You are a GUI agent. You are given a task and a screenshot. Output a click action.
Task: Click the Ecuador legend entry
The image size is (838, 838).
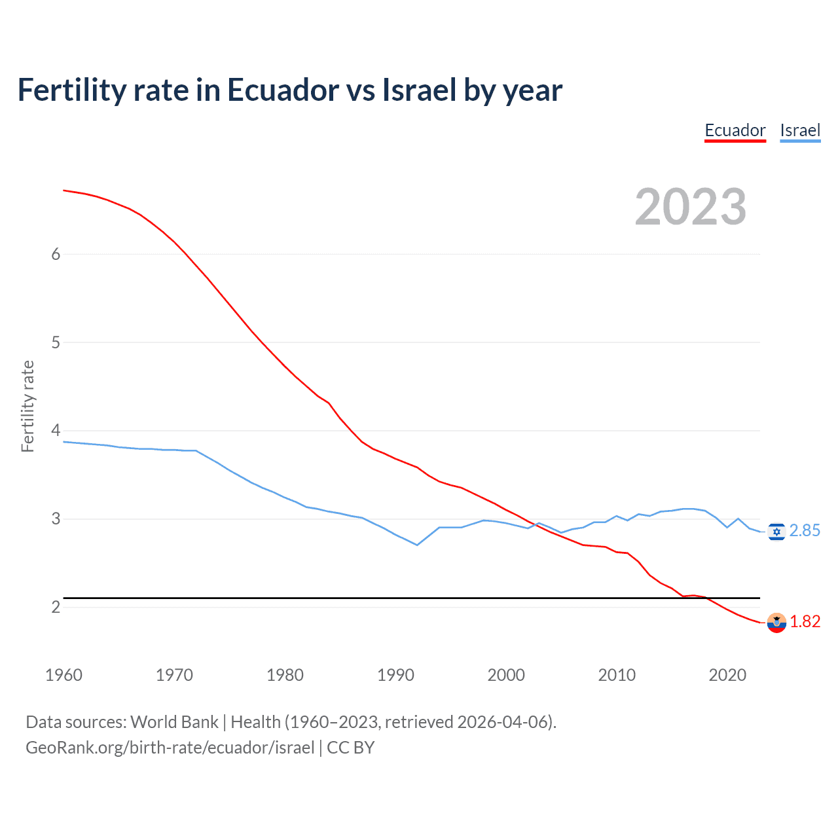(x=735, y=130)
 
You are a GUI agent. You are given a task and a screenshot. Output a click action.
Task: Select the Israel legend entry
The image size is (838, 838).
(x=800, y=130)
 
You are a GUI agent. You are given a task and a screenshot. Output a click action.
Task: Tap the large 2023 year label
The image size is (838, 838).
(x=691, y=207)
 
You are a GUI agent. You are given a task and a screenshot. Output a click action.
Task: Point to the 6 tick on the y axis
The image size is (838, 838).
(x=56, y=254)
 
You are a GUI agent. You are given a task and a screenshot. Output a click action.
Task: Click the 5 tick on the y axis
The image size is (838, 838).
(x=56, y=342)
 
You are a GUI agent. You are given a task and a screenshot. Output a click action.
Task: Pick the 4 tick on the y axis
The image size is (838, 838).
(x=56, y=431)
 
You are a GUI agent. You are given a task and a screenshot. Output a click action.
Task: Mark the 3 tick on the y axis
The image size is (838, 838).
(x=56, y=519)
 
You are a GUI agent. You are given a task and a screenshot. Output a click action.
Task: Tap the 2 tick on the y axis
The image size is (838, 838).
(x=56, y=608)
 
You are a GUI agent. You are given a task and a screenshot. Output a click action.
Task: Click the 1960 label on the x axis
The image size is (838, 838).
(x=64, y=675)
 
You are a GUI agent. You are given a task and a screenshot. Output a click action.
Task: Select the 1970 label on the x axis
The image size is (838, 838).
(x=174, y=675)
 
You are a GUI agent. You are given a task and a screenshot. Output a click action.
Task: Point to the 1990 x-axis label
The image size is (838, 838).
(x=395, y=675)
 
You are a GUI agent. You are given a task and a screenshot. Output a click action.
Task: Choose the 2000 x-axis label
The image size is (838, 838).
(x=506, y=675)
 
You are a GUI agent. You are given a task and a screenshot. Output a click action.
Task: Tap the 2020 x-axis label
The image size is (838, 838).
(x=727, y=675)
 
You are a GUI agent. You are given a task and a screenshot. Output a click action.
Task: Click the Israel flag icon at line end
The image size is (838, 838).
(x=776, y=532)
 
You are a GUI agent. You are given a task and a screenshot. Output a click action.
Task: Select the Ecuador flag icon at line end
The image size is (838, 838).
(x=776, y=623)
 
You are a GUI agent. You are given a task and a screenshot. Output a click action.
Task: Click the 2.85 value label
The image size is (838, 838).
(x=805, y=531)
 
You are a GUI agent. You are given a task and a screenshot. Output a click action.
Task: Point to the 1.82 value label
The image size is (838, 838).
(x=805, y=622)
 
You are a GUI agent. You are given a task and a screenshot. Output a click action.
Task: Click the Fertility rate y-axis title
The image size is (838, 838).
(x=27, y=406)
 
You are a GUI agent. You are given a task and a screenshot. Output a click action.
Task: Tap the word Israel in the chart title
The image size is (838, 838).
(x=419, y=90)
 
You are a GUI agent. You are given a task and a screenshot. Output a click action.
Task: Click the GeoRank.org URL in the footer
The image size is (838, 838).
(x=170, y=748)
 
